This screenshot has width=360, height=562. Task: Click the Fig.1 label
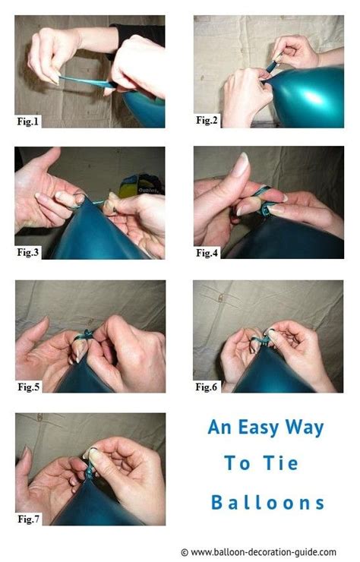27,122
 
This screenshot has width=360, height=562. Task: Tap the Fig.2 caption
207,121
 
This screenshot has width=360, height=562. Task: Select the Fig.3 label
27,252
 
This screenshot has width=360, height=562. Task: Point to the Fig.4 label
207,253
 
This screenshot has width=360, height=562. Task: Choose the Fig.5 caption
28,387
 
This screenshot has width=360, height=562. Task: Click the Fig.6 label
206,387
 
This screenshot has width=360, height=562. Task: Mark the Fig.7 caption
28,519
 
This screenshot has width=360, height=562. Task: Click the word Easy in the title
258,428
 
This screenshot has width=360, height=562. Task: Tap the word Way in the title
305,428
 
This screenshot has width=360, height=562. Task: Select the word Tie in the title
281,463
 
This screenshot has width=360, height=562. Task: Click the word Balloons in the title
267,502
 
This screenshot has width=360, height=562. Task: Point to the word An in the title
219,428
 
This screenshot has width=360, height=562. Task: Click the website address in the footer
264,552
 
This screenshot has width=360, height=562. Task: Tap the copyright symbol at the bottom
185,552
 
